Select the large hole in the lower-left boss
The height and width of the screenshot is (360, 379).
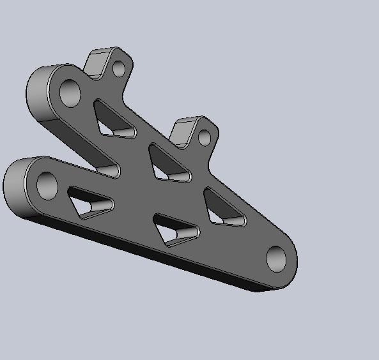(47, 185)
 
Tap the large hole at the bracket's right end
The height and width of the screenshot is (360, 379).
(277, 259)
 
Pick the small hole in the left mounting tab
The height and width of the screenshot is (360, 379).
(119, 68)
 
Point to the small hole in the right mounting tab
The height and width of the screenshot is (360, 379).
(204, 137)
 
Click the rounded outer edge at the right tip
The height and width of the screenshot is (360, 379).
(295, 259)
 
